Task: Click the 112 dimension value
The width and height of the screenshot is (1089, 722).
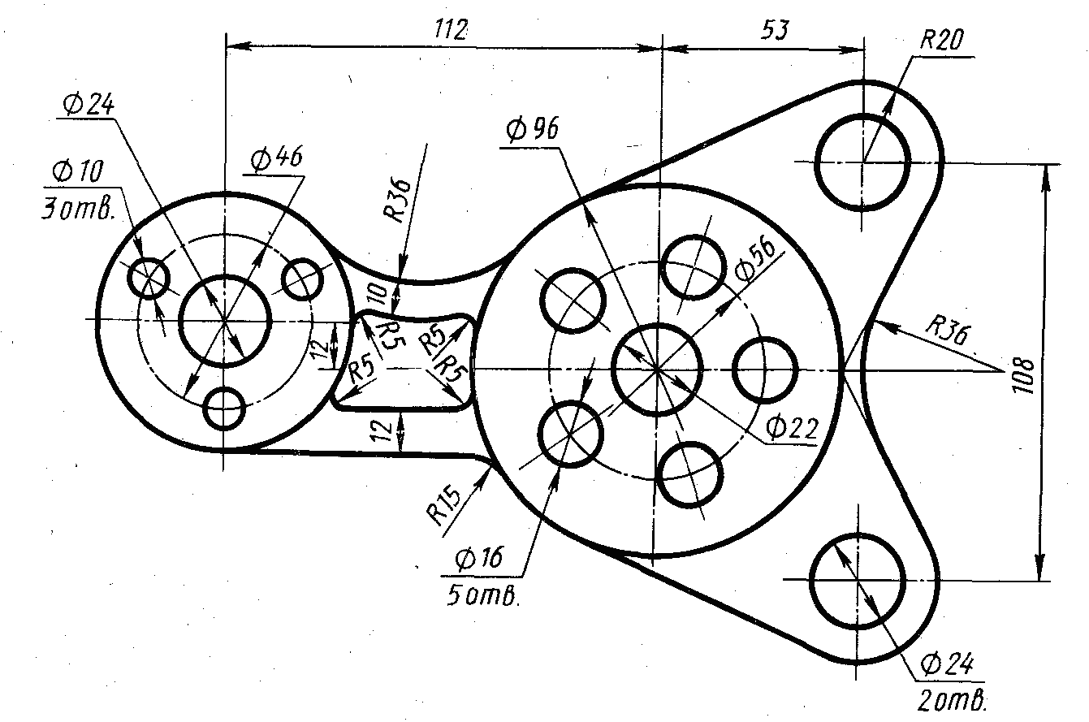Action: (451, 30)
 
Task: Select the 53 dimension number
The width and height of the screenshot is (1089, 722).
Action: (775, 30)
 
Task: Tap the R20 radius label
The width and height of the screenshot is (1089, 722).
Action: (941, 40)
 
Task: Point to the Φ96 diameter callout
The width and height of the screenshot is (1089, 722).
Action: (533, 129)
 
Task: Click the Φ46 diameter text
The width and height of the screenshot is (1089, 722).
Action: (277, 158)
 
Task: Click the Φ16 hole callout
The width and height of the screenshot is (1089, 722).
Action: (479, 558)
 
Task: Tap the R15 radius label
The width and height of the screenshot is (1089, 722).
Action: (443, 506)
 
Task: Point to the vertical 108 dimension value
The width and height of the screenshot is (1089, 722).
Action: (1023, 376)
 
